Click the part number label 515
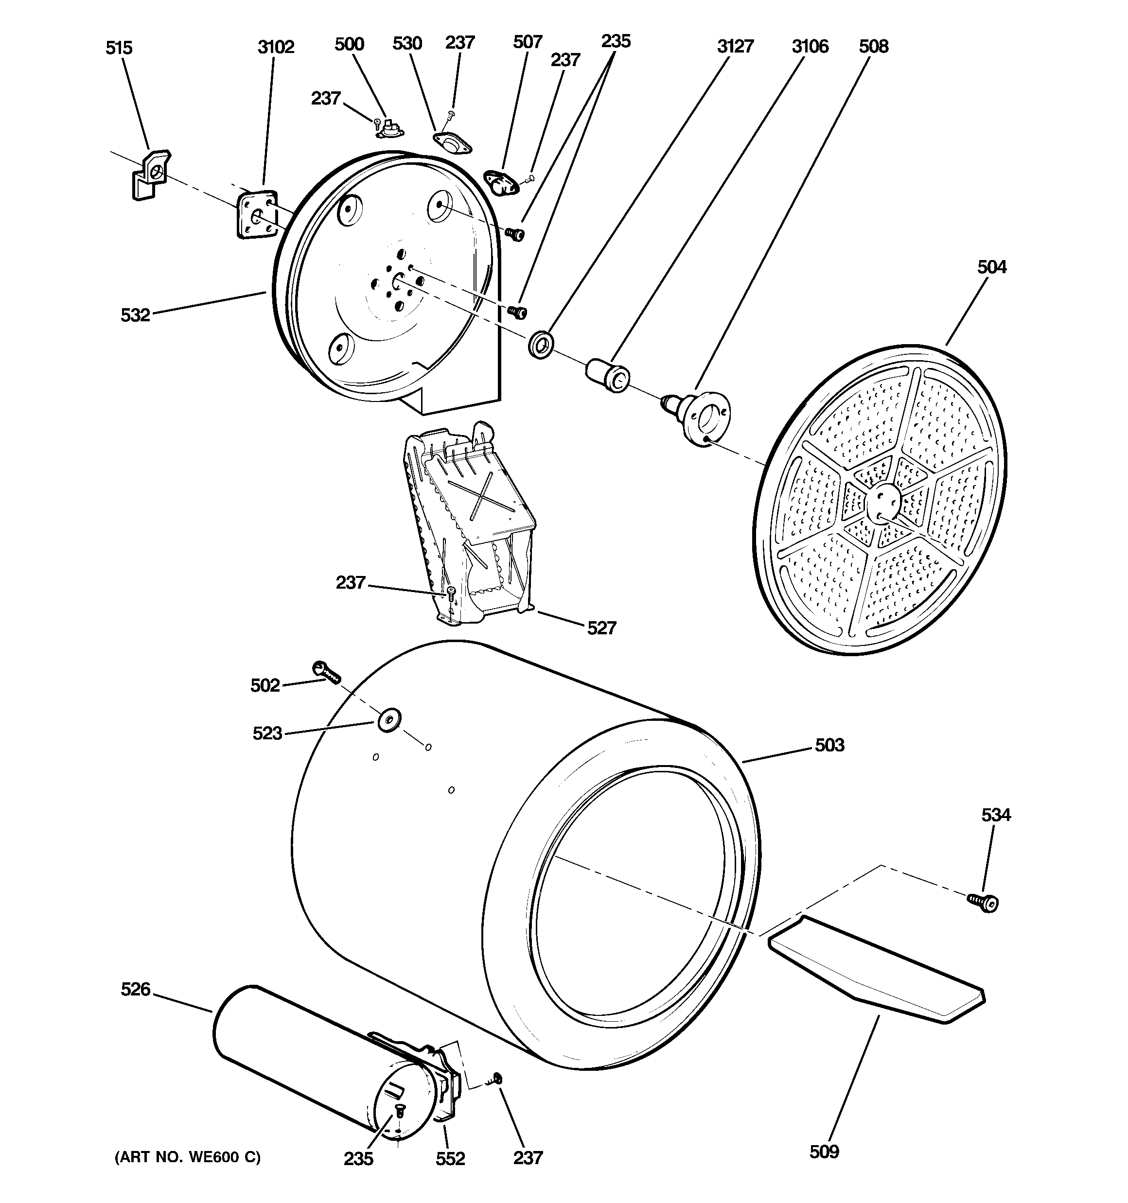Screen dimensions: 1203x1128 (x=119, y=48)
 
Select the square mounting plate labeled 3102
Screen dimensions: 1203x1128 (x=256, y=215)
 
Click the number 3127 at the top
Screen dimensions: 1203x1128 (x=735, y=47)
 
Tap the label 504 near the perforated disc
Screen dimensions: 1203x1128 (x=992, y=267)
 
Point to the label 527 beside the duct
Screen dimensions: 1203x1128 (x=601, y=628)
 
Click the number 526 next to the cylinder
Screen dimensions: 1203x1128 (x=135, y=990)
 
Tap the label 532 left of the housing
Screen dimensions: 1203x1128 (x=135, y=314)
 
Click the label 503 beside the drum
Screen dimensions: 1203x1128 (x=829, y=745)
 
